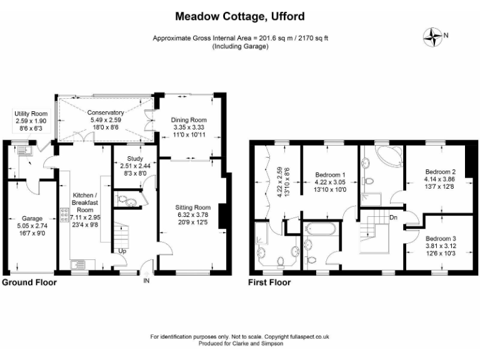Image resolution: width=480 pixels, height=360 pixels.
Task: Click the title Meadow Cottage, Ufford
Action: [240, 15]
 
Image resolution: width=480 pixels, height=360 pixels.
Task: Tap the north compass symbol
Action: [432, 37]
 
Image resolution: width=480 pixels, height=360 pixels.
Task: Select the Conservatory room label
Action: [106, 112]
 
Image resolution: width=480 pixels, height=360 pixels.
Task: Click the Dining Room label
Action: [189, 119]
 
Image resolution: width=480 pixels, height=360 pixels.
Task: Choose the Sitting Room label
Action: [192, 207]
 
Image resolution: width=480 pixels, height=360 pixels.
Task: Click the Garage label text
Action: [30, 219]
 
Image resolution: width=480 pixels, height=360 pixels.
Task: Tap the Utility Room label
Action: [31, 114]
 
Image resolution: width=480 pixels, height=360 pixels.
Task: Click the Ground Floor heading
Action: [29, 282]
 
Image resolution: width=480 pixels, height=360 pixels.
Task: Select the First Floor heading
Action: [269, 282]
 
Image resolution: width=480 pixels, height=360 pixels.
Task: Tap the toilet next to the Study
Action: [127, 201]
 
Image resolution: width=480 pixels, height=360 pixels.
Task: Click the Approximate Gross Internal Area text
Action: [240, 38]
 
